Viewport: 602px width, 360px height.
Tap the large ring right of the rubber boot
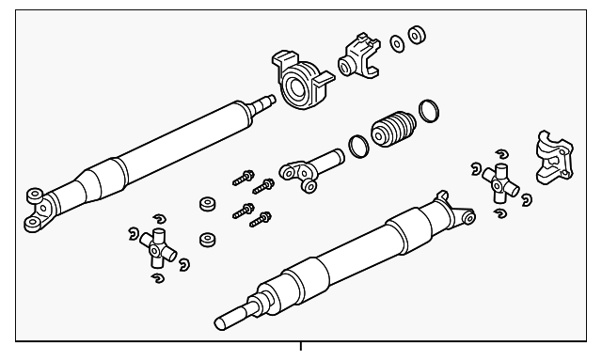pos(428,112)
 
